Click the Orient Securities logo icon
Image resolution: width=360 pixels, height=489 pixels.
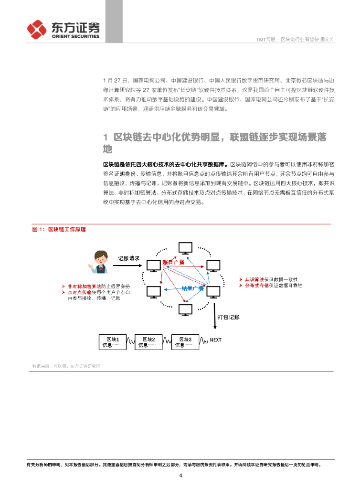37,30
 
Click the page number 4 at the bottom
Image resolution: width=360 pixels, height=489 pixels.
180,476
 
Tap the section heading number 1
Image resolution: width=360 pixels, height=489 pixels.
106,138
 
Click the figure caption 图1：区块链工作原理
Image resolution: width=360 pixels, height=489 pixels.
59,229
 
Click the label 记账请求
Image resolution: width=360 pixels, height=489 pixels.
128,258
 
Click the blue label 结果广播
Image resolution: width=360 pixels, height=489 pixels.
192,288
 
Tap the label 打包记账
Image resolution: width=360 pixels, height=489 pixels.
228,317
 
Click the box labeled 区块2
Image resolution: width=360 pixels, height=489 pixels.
149,342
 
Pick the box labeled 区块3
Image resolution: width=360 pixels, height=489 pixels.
185,342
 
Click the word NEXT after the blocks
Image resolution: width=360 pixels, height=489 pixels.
216,340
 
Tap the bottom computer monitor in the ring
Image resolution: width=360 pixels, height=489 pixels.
185,310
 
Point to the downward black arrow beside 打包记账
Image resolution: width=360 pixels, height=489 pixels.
215,315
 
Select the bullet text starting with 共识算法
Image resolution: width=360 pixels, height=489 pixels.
271,279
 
